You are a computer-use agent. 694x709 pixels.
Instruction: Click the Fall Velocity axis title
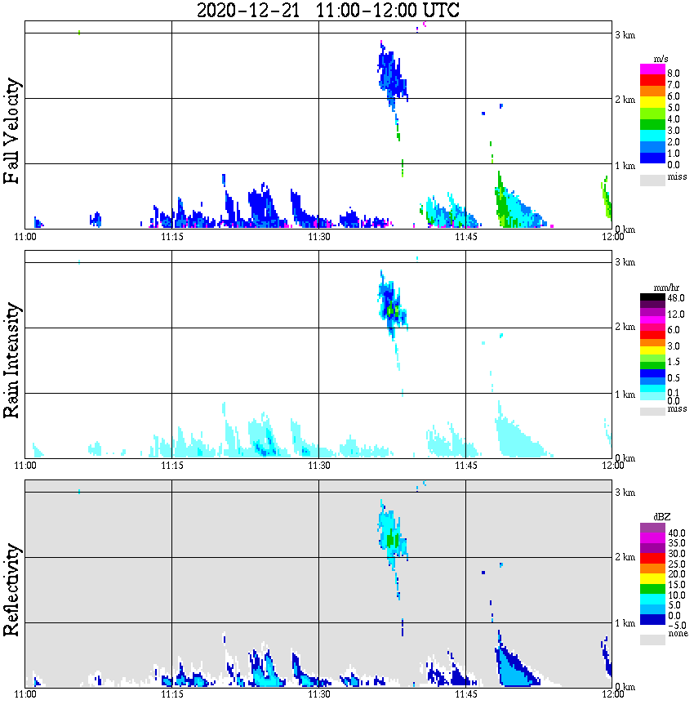click(x=12, y=132)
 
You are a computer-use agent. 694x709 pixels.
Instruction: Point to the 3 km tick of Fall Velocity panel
click(x=625, y=34)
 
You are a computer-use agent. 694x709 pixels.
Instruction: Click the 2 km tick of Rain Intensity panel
click(x=625, y=328)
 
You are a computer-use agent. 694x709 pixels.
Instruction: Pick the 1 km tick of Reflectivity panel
click(x=625, y=623)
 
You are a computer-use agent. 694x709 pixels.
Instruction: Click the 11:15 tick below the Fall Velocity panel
click(x=171, y=237)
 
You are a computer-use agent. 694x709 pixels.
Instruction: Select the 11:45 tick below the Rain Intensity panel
click(x=465, y=466)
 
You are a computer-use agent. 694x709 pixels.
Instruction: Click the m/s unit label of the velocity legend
click(x=661, y=59)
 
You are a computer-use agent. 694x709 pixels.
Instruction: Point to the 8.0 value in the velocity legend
click(x=674, y=73)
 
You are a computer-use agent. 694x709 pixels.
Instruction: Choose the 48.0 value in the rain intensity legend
click(x=675, y=298)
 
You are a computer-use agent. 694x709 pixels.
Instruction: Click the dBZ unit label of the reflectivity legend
click(x=661, y=517)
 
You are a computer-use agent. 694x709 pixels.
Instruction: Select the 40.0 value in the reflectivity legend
click(x=675, y=533)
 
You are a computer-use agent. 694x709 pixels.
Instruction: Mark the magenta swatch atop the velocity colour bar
click(x=652, y=69)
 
